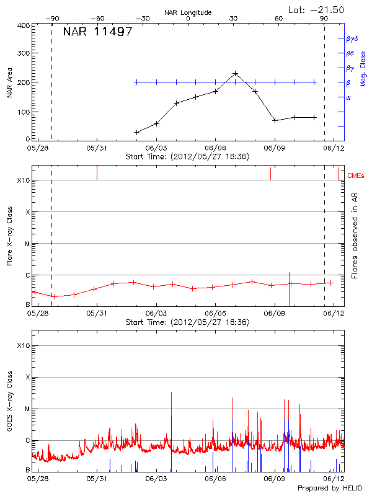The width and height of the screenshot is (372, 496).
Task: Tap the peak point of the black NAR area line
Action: click(x=235, y=73)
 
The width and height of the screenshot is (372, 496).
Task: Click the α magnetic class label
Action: click(x=348, y=97)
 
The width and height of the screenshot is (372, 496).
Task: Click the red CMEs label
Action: click(x=356, y=176)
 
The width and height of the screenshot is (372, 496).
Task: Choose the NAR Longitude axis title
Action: click(x=188, y=12)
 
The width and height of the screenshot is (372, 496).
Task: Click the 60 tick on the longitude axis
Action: click(x=279, y=19)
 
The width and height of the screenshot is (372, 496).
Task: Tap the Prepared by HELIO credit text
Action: click(x=333, y=488)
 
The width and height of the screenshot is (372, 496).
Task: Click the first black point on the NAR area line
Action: click(x=137, y=132)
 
